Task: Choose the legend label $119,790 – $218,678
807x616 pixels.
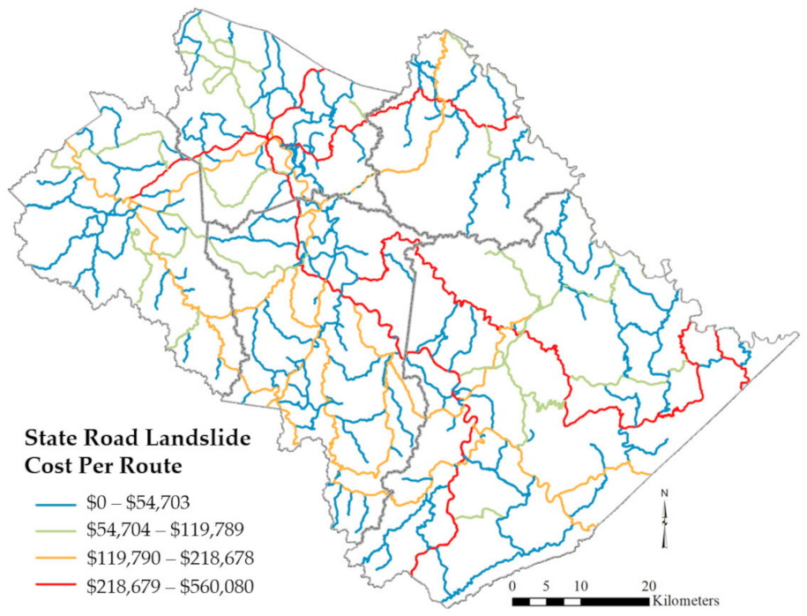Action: pyautogui.click(x=162, y=558)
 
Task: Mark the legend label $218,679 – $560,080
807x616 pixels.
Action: pyautogui.click(x=162, y=583)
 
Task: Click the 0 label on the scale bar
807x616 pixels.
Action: pyautogui.click(x=512, y=585)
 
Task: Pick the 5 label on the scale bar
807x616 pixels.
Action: pyautogui.click(x=547, y=585)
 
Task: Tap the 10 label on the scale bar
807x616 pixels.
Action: pyautogui.click(x=581, y=585)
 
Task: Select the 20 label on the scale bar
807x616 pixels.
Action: pyautogui.click(x=648, y=585)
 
